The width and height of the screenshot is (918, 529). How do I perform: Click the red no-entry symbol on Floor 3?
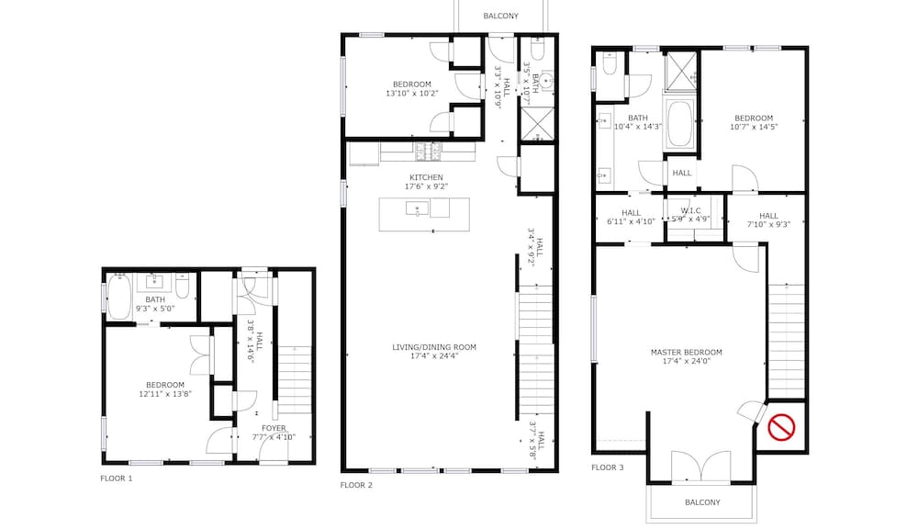(x=781, y=427)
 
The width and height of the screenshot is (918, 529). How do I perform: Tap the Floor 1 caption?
(x=117, y=478)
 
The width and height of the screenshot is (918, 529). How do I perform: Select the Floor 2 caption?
(x=356, y=485)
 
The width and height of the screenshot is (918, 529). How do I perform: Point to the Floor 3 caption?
(x=608, y=467)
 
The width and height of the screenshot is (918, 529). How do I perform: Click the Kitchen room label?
(x=426, y=177)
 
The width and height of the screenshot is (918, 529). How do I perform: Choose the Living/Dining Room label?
(x=434, y=347)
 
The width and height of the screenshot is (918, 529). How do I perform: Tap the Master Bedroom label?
(x=686, y=352)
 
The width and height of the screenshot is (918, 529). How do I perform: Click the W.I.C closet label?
(x=691, y=210)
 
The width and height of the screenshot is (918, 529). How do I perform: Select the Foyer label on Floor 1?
(x=274, y=428)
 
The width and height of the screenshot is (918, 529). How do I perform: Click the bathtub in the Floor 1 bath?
(x=118, y=297)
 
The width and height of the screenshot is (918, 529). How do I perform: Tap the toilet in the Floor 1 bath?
(x=182, y=285)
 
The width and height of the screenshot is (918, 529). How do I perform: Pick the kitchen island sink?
(x=417, y=208)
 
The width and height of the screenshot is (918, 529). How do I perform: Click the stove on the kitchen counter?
(x=428, y=152)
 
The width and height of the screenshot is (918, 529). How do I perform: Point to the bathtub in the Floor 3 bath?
(x=679, y=124)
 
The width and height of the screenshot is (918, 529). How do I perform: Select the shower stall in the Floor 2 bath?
(x=537, y=124)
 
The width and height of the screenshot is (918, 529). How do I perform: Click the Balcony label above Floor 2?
(x=500, y=16)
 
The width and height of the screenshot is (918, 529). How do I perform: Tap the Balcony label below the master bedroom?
(x=702, y=502)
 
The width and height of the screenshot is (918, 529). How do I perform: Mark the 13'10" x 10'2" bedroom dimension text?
(x=412, y=93)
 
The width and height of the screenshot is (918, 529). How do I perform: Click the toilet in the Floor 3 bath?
(x=609, y=64)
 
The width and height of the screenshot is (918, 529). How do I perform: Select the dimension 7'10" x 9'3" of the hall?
(x=768, y=224)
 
